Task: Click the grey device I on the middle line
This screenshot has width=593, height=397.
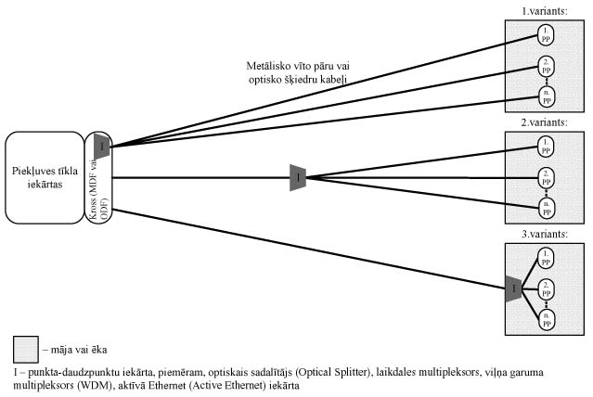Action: [298, 176]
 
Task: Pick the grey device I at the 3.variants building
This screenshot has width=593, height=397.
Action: [514, 289]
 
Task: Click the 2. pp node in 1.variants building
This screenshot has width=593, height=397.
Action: [547, 66]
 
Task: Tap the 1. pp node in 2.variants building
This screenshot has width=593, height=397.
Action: [547, 146]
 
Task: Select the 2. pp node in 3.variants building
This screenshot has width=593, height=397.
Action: [547, 288]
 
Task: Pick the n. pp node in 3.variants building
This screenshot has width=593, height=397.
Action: [547, 318]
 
